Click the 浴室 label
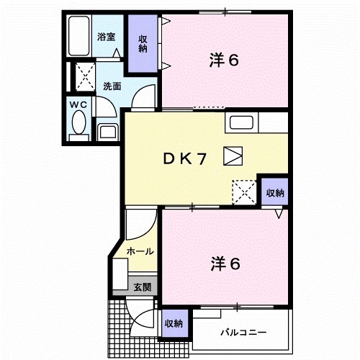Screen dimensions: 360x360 tap(106, 35)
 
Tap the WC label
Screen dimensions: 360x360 tap(78, 104)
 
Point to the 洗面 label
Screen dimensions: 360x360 tap(112, 86)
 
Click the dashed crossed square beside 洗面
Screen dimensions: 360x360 tap(86, 74)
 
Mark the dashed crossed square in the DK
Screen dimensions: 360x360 tap(243, 192)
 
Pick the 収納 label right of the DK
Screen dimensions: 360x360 tap(274, 193)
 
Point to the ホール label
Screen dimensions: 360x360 tap(140, 251)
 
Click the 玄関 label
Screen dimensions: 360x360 tap(142, 286)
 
